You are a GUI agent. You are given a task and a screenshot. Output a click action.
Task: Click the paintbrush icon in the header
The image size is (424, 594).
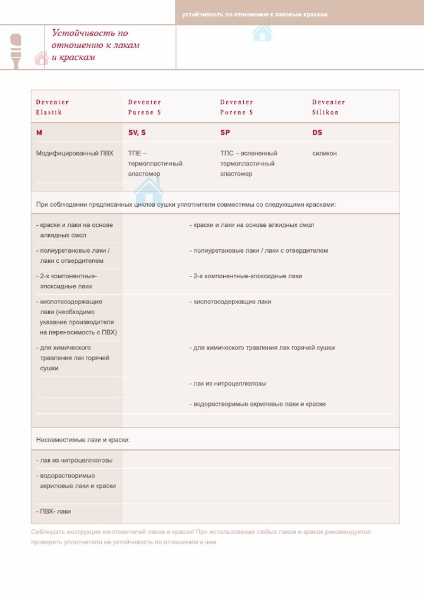coord(16,50)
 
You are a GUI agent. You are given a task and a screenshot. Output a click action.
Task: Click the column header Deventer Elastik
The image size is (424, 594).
coord(52,107)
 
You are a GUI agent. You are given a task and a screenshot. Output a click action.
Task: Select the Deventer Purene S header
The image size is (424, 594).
coord(144,107)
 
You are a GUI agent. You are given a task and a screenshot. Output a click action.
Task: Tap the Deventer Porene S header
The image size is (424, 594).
coord(236,107)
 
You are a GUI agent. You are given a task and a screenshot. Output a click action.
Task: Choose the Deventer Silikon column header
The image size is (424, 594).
coord(328,107)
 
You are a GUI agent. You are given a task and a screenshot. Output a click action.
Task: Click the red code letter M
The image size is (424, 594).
coord(39,132)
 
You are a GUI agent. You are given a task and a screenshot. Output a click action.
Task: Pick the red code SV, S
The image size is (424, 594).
coord(137,132)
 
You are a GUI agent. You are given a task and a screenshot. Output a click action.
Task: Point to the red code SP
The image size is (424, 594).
coord(225,132)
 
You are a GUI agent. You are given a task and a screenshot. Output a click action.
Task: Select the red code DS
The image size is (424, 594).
coord(317,132)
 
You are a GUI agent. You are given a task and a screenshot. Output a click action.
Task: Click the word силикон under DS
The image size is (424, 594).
coord(324,153)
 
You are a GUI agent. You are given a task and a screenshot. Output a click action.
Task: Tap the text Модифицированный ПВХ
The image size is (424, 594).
coord(75,153)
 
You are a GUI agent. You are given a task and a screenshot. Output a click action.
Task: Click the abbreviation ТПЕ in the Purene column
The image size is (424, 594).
coord(134,153)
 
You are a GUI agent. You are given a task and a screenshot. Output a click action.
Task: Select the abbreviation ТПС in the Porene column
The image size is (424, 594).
coord(226,153)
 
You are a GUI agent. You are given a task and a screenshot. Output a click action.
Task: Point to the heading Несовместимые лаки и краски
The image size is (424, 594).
coord(83,440)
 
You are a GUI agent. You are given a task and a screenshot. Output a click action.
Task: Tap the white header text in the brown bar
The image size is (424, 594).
coord(254,14)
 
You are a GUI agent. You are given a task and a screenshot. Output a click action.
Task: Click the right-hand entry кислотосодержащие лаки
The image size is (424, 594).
coord(231,302)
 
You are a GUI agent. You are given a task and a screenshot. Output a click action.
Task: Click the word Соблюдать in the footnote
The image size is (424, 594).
coord(48,531)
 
